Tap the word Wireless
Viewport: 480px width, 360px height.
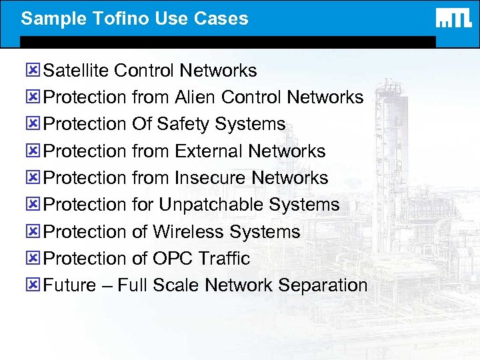click(x=189, y=232)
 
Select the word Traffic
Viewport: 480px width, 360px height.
click(x=224, y=259)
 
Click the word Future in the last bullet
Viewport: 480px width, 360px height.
click(x=69, y=285)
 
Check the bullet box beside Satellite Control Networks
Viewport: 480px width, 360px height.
click(x=35, y=70)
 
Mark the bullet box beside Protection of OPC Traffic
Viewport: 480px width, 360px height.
click(x=35, y=258)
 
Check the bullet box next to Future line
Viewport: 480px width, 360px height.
click(x=35, y=285)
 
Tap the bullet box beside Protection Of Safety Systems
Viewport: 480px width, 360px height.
click(x=35, y=124)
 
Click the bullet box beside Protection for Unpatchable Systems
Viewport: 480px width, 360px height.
click(x=35, y=205)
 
